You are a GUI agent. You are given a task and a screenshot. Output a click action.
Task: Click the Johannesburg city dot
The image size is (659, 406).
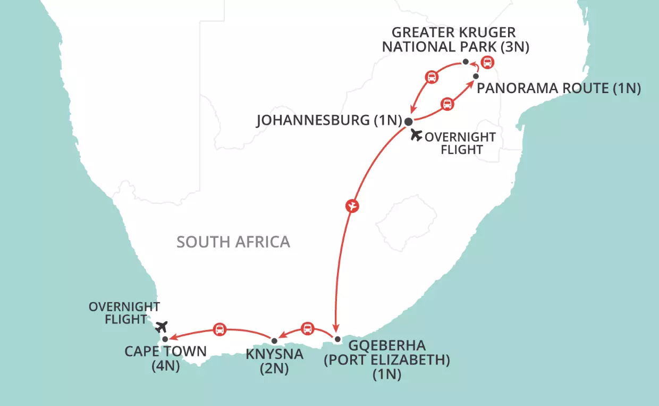click(408, 121)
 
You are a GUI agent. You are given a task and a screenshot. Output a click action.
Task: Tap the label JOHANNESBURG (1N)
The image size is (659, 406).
click(327, 120)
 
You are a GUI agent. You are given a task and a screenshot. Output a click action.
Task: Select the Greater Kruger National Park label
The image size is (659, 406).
click(455, 40)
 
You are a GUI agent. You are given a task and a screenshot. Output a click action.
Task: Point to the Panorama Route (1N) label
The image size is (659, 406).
click(559, 88)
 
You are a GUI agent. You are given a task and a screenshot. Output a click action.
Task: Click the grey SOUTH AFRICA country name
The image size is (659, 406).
click(233, 242)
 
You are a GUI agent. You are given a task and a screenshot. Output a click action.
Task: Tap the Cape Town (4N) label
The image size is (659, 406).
click(165, 359)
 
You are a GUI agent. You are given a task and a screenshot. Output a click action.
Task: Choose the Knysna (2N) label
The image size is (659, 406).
click(274, 361)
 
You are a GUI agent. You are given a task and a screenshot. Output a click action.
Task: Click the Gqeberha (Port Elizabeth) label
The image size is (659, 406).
click(387, 360)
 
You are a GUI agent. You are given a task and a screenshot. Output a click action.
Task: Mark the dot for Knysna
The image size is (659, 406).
click(274, 341)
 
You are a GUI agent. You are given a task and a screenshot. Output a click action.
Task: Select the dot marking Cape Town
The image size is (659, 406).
click(165, 339)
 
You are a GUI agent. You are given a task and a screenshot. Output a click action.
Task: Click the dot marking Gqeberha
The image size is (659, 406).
click(337, 339)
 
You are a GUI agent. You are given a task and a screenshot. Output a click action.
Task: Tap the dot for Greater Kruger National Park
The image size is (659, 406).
click(466, 62)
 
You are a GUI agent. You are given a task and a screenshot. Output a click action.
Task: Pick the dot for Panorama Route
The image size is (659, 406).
click(476, 76)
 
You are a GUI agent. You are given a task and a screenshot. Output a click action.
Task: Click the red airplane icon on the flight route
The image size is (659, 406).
click(351, 205)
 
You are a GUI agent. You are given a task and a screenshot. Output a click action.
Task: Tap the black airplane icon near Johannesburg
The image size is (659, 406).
click(417, 135)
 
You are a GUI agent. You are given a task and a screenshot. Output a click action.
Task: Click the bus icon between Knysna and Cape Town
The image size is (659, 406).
click(219, 329)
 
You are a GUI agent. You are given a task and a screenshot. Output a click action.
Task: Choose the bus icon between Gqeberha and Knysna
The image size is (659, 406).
click(307, 328)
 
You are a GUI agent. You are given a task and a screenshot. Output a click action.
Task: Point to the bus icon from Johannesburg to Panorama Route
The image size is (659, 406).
click(447, 104)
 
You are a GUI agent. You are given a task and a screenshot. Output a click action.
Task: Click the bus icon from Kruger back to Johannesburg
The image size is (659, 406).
click(432, 77)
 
